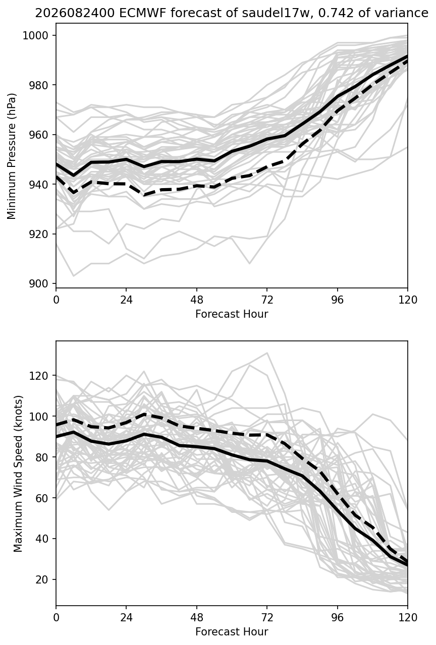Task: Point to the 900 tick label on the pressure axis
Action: (38, 283)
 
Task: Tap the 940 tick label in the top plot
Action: (38, 184)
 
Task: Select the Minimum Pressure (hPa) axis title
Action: (12, 156)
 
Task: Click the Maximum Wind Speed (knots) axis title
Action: (18, 474)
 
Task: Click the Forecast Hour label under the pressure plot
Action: (232, 314)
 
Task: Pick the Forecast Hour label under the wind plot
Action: (232, 632)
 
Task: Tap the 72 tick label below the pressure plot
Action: (267, 300)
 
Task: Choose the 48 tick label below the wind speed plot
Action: (196, 617)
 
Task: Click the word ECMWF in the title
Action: (136, 13)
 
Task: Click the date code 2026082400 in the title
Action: (75, 13)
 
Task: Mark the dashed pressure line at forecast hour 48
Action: (196, 186)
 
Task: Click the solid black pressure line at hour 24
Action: (126, 159)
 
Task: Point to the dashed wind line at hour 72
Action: (267, 434)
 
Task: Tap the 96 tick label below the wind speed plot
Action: (338, 617)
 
